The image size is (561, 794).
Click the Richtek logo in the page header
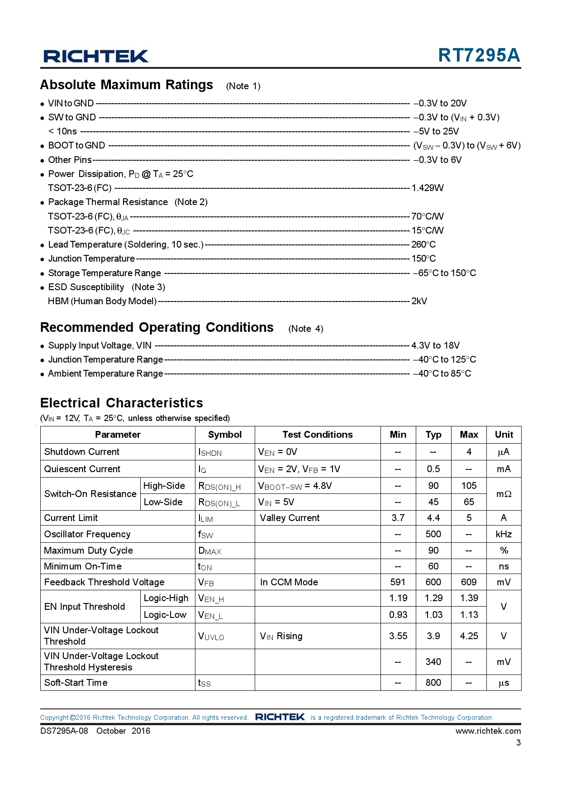pyautogui.click(x=95, y=56)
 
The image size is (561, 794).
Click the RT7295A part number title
pyautogui.click(x=479, y=55)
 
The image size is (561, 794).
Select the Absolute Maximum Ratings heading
pyautogui.click(x=127, y=85)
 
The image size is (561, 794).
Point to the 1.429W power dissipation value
pyautogui.click(x=428, y=188)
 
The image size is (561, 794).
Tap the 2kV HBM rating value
pyautogui.click(x=419, y=301)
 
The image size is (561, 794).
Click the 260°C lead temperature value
pyautogui.click(x=423, y=244)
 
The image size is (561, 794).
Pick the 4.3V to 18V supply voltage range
pyautogui.click(x=435, y=345)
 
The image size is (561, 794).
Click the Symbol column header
pyautogui.click(x=225, y=435)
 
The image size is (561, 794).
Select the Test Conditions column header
pyautogui.click(x=318, y=435)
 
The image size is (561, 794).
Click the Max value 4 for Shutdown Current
pyautogui.click(x=469, y=452)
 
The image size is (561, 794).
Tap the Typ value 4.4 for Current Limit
pyautogui.click(x=433, y=518)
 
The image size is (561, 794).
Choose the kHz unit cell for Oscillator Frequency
pyautogui.click(x=504, y=534)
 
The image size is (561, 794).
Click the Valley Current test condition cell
pyautogui.click(x=290, y=518)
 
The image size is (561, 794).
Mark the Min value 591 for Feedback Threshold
pyautogui.click(x=398, y=582)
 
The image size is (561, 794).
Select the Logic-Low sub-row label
pyautogui.click(x=165, y=615)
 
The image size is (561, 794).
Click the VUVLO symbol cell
pyautogui.click(x=211, y=636)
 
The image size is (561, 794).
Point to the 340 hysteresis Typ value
pyautogui.click(x=433, y=662)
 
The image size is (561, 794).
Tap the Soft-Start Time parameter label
pyautogui.click(x=76, y=683)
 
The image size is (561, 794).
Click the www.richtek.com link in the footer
pyautogui.click(x=488, y=731)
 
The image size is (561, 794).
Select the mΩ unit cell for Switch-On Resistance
pyautogui.click(x=504, y=494)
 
